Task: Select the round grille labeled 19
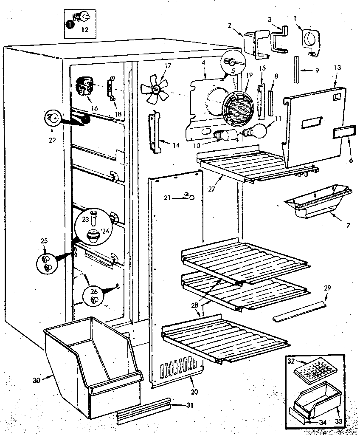(239, 109)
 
